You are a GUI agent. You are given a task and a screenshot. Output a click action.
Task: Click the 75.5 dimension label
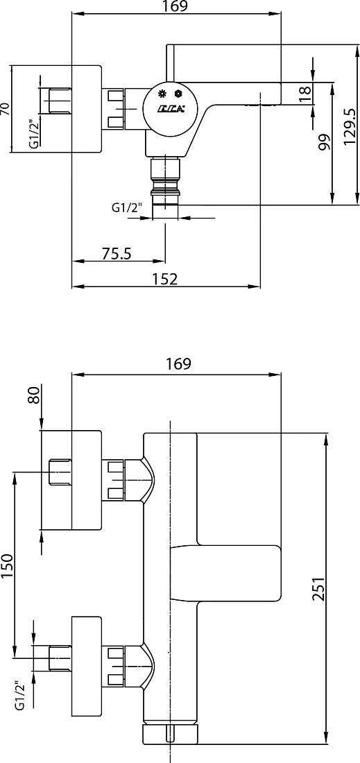117,253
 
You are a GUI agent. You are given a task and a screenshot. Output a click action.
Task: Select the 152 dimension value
164,279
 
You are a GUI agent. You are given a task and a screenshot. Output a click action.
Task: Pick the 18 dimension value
305,94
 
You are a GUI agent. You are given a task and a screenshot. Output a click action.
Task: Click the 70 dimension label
6,108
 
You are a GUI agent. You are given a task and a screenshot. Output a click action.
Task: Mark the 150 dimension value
8,566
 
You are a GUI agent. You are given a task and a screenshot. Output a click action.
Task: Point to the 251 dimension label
318,590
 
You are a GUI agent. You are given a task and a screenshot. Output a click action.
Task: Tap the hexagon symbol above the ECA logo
179,94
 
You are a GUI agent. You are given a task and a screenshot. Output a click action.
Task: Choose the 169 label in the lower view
178,363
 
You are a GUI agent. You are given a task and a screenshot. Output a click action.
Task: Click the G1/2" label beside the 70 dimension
33,135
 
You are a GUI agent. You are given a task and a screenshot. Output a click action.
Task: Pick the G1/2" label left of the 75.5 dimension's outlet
127,208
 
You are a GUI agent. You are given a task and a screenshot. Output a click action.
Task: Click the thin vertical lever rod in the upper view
170,63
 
